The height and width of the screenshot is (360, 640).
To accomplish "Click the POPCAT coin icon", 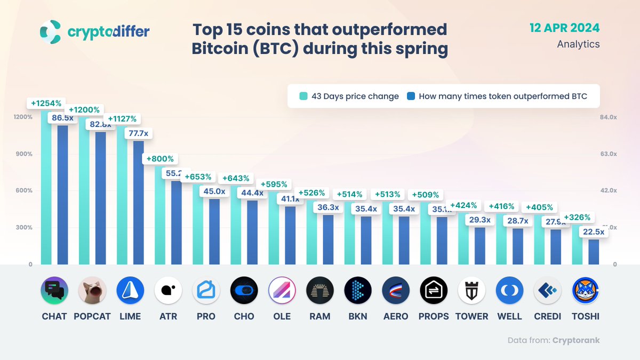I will [92, 291].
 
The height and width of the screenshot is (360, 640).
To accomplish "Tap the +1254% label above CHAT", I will [46, 103].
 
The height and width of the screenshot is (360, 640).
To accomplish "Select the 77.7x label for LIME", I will [138, 133].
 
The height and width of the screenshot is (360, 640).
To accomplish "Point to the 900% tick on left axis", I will [22, 154].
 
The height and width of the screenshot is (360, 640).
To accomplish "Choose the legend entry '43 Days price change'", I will [355, 97].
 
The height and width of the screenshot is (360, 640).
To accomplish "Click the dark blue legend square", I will [411, 97].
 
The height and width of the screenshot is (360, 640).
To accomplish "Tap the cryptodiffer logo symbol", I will [50, 31].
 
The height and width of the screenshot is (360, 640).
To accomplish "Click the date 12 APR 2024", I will [564, 28].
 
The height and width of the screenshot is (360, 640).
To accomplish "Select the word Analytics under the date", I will [578, 44].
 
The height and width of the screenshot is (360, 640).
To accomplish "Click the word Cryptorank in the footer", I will [576, 340].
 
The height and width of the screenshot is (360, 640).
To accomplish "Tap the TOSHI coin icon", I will [585, 291].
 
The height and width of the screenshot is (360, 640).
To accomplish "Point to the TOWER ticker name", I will [471, 316].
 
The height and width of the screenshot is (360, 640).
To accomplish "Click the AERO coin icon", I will [396, 291].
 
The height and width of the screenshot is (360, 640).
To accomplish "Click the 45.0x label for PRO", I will [214, 191].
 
